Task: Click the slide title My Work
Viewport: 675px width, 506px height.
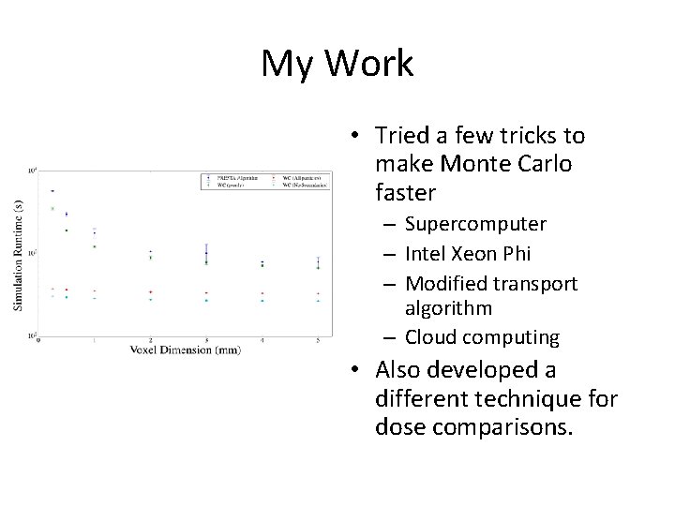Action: click(x=337, y=64)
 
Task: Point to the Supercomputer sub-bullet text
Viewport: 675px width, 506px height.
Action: click(x=476, y=225)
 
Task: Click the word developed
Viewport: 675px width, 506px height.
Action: click(x=485, y=370)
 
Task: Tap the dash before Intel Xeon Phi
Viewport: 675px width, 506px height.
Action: click(x=392, y=254)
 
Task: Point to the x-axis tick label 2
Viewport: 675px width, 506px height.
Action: click(x=151, y=339)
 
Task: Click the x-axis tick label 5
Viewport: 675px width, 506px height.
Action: click(x=319, y=339)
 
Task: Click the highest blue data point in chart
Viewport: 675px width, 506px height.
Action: click(x=52, y=191)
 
